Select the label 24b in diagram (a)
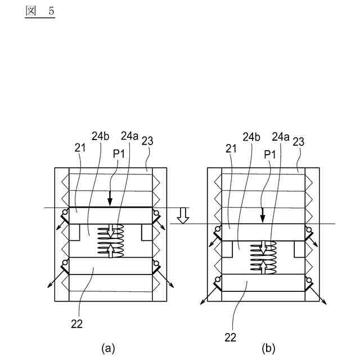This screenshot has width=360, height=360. (100, 135)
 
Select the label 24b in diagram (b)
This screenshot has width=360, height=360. (252, 136)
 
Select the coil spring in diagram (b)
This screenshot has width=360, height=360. (262, 258)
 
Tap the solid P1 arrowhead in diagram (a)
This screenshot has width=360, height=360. (110, 202)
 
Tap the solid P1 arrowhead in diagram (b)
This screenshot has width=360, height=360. (262, 219)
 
